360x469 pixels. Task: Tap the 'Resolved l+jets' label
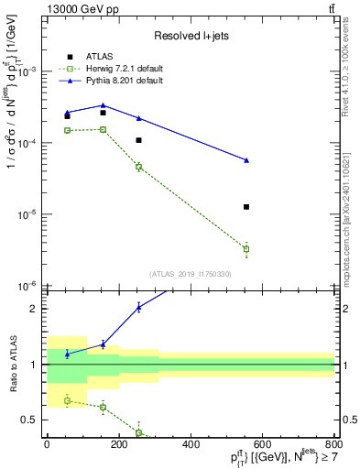click(190, 35)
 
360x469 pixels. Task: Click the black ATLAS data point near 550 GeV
click(246, 207)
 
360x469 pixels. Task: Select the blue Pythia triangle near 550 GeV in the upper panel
click(246, 160)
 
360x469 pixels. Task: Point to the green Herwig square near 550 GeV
click(246, 248)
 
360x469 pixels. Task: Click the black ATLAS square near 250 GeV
click(138, 140)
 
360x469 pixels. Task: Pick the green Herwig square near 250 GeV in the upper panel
click(138, 167)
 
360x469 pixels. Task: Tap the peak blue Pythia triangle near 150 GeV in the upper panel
click(103, 105)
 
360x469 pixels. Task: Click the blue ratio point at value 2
click(138, 307)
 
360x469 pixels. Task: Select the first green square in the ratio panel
click(67, 400)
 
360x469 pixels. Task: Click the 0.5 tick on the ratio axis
click(29, 420)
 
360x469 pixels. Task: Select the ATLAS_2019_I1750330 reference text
click(190, 274)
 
